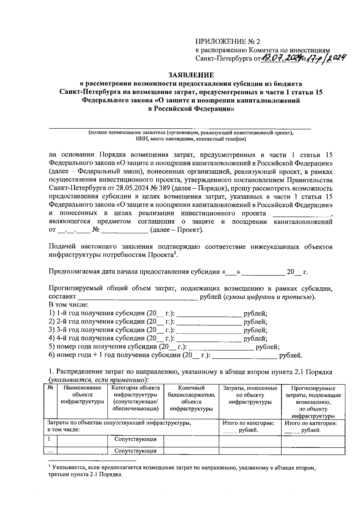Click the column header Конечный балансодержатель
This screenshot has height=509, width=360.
(191, 398)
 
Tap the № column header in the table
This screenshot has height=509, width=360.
(51, 388)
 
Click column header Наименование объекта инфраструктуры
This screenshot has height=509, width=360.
(82, 395)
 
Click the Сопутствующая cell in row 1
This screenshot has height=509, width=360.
(136, 439)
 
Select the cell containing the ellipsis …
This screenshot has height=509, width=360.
(51, 451)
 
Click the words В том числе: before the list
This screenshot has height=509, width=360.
(68, 305)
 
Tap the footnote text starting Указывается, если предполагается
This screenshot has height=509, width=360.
(182, 468)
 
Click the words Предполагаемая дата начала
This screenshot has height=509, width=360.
(104, 272)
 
